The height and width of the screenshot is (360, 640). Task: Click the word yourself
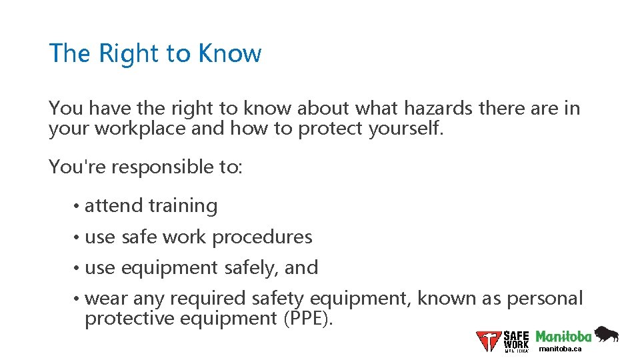click(405, 128)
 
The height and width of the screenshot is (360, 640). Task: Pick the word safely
click(251, 268)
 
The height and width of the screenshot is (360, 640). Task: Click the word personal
click(545, 298)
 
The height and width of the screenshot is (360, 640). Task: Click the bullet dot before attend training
click(78, 207)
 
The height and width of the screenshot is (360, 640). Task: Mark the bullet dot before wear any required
click(78, 299)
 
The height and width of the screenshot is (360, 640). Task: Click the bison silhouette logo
click(606, 334)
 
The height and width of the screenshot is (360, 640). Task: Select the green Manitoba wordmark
click(563, 337)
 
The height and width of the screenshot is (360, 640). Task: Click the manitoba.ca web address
click(560, 349)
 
